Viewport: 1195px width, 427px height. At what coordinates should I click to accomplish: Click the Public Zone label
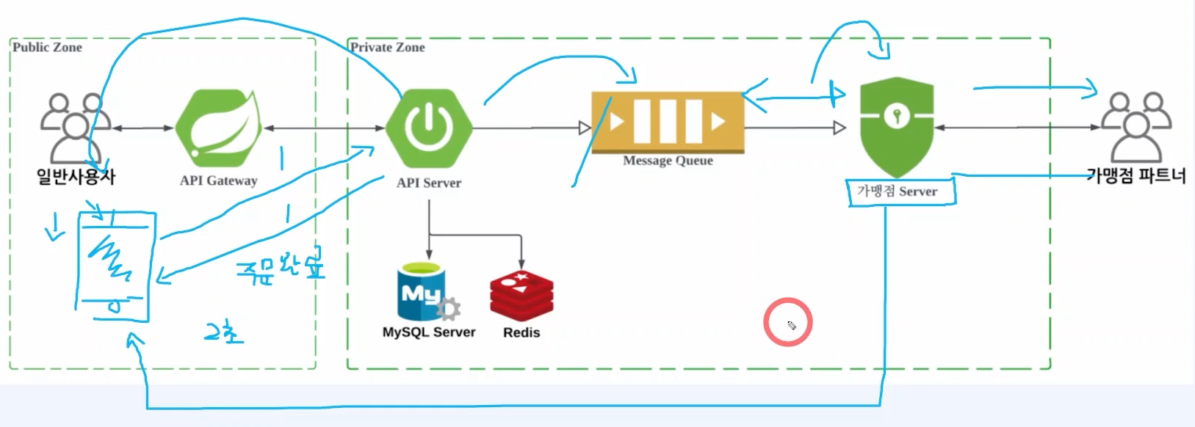(x=47, y=47)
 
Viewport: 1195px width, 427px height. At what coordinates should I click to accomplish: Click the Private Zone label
(x=388, y=47)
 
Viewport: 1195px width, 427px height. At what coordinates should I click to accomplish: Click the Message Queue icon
(x=668, y=122)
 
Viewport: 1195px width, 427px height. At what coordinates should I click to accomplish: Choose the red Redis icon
(x=521, y=296)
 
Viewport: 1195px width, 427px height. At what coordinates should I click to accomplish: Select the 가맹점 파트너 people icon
(x=1136, y=126)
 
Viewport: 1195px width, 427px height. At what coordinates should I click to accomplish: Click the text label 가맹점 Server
(x=898, y=191)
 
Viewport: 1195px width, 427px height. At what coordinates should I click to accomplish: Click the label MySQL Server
(x=429, y=332)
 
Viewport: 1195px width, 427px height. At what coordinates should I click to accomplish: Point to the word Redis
(x=521, y=332)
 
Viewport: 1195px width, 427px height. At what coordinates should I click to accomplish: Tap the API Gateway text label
(x=219, y=180)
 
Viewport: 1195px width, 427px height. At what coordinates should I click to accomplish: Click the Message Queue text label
(x=668, y=161)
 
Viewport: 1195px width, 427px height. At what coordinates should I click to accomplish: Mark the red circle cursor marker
(x=787, y=322)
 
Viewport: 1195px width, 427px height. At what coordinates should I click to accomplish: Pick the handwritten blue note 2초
(x=223, y=334)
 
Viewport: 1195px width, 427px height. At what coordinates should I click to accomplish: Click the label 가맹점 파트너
(x=1136, y=175)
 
